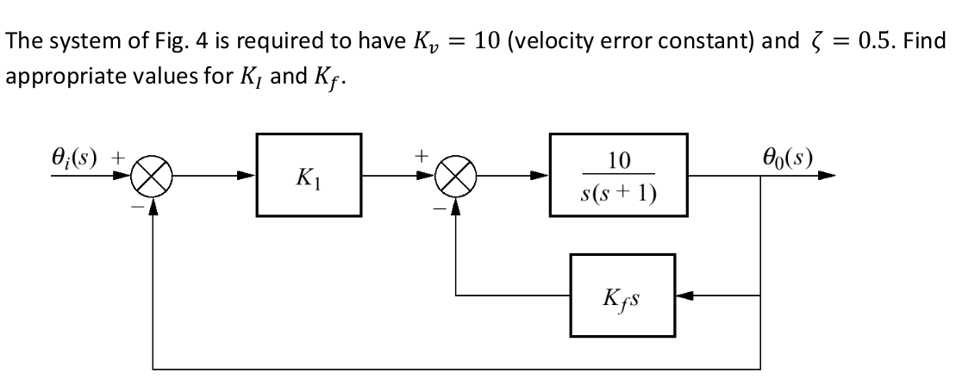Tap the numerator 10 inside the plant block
click(x=619, y=161)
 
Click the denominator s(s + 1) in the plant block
click(x=619, y=196)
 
